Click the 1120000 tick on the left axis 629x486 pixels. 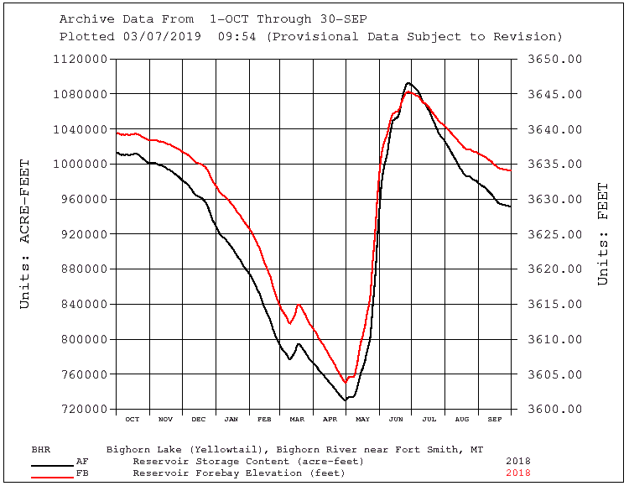coord(81,60)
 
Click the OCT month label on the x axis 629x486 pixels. coord(132,419)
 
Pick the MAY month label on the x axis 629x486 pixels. coord(362,419)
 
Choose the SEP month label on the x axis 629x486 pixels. coord(494,419)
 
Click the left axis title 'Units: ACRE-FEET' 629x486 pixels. coord(25,234)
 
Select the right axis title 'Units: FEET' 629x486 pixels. coord(602,234)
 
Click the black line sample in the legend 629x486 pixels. coord(52,463)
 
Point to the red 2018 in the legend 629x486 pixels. coord(517,473)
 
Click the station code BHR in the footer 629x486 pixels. coord(40,449)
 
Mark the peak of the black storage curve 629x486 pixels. coord(408,83)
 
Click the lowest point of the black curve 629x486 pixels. coord(345,400)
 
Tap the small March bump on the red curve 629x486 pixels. coord(299,306)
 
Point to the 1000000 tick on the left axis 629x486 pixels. coord(81,165)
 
